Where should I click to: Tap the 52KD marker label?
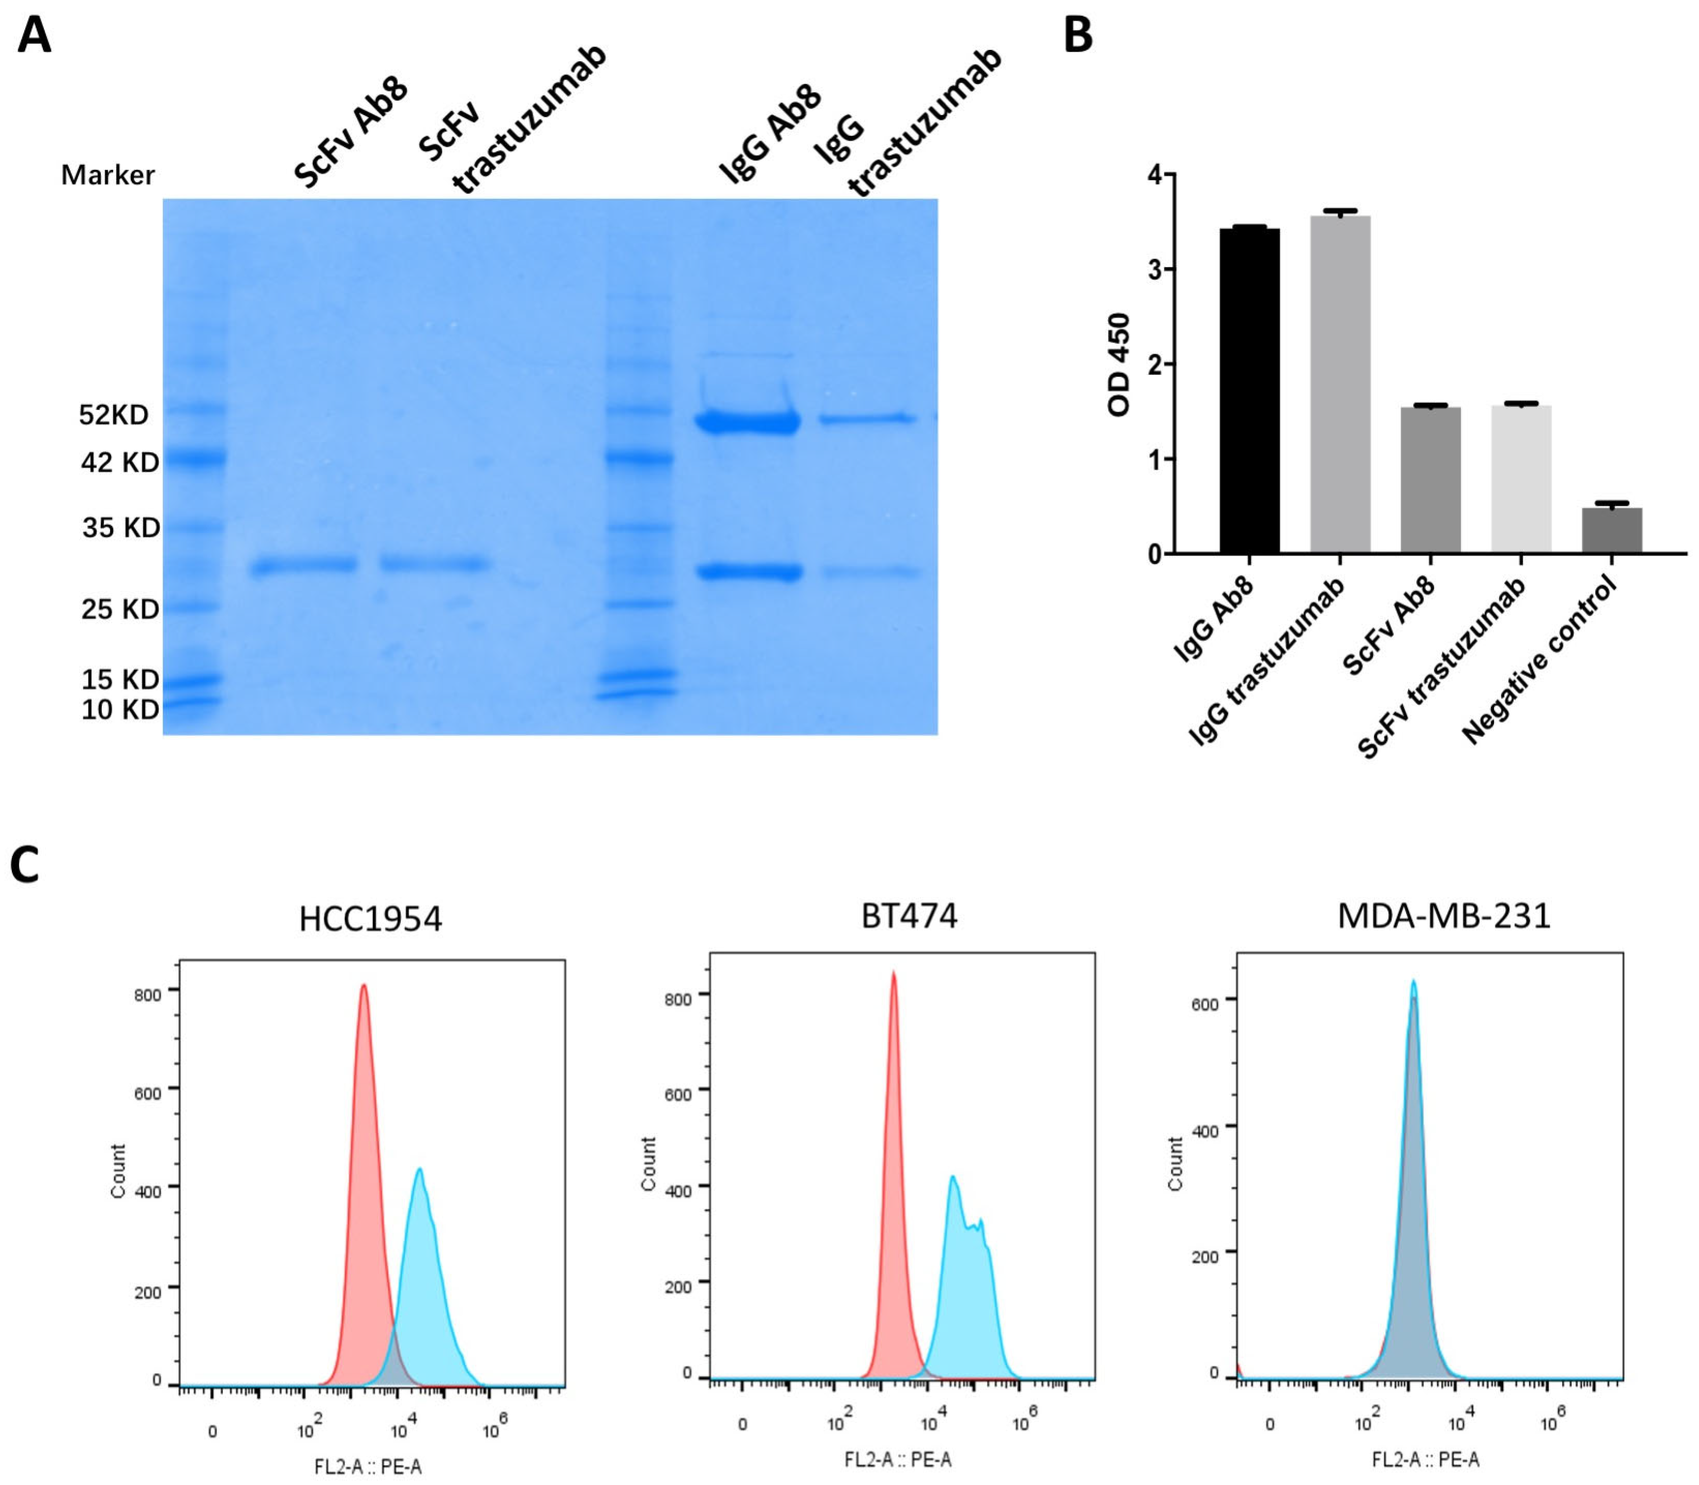coord(114,414)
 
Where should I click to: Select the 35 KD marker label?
coord(120,527)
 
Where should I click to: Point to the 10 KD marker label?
coord(120,709)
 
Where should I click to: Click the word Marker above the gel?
coord(108,175)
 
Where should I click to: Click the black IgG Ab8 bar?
coord(1249,390)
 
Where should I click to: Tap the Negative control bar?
coord(1611,530)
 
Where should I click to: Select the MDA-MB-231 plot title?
coord(1444,916)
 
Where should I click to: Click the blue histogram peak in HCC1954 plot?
coord(419,1172)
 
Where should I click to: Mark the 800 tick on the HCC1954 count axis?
coord(148,995)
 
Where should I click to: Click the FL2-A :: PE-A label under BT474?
coord(898,1459)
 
